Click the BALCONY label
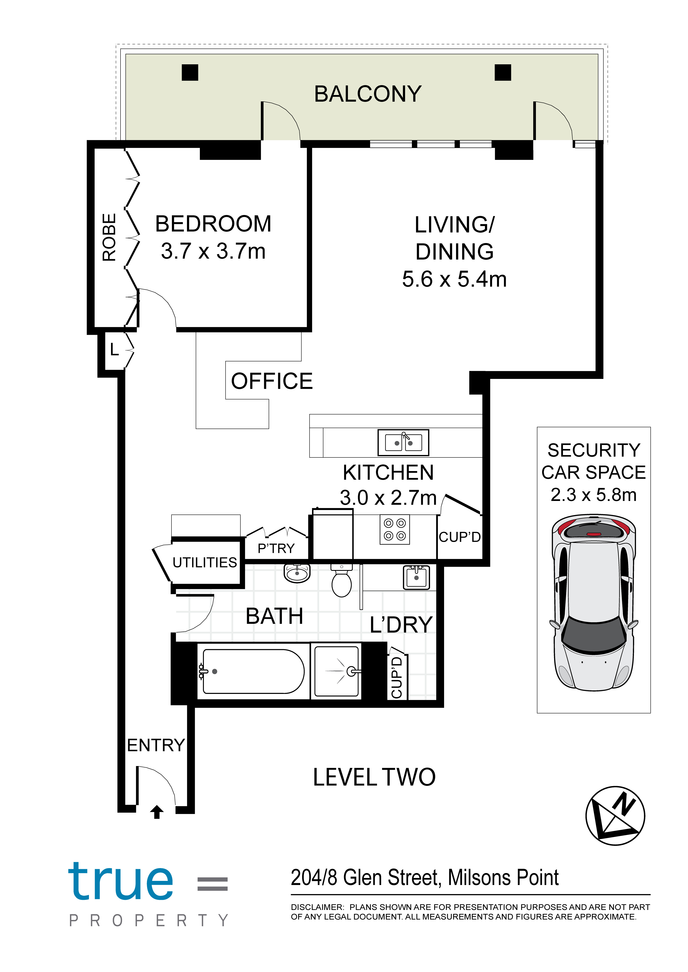[x=368, y=94]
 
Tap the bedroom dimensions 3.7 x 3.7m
[x=213, y=251]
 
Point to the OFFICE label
[x=272, y=381]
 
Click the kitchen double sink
[x=403, y=443]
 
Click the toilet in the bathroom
[x=342, y=580]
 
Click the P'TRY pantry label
[x=276, y=548]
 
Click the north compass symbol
[x=615, y=816]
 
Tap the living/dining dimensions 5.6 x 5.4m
[x=454, y=279]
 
